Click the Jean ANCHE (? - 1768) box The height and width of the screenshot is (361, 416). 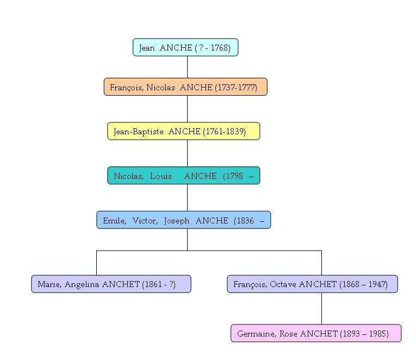coord(185,48)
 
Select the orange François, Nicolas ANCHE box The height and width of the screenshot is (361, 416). coord(185,87)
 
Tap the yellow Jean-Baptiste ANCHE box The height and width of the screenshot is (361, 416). coord(184,132)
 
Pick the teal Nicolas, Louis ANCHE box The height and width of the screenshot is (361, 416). coord(184,176)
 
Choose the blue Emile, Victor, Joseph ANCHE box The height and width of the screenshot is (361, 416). coord(184,220)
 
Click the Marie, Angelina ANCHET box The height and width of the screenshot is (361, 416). coord(111,284)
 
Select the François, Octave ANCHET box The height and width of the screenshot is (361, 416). coord(312,284)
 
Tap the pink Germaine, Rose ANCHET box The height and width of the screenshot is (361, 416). coord(316,334)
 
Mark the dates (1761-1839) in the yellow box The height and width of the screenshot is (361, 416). coord(224,132)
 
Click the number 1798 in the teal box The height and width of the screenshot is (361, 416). coord(233,176)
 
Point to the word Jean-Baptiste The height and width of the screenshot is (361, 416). coord(139,132)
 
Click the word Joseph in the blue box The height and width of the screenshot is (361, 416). coord(177,220)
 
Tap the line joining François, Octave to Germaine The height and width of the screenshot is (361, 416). coord(321,309)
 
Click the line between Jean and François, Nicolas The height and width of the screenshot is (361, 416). coord(187,67)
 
